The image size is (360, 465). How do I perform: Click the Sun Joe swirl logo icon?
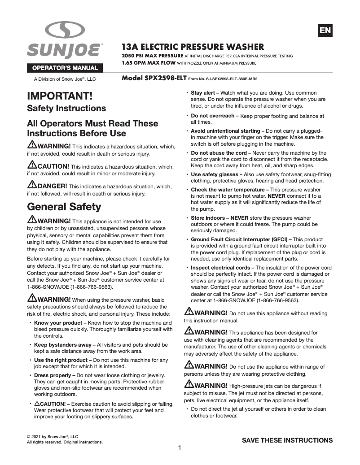pyautogui.click(x=64, y=31)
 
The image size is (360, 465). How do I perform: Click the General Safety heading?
pyautogui.click(x=64, y=207)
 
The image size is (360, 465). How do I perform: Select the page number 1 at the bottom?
pyautogui.click(x=180, y=448)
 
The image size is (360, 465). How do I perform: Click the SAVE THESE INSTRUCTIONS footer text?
pyautogui.click(x=287, y=440)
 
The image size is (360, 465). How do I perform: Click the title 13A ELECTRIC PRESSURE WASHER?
pyautogui.click(x=193, y=47)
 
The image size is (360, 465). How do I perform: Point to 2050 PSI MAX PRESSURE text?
pyautogui.click(x=152, y=56)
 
